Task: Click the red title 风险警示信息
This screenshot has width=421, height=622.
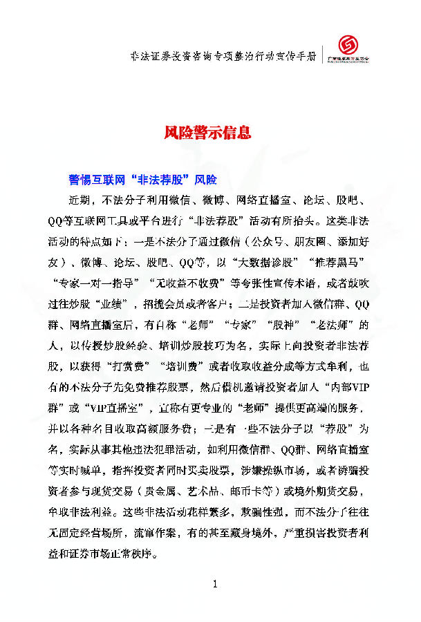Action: [207, 133]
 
